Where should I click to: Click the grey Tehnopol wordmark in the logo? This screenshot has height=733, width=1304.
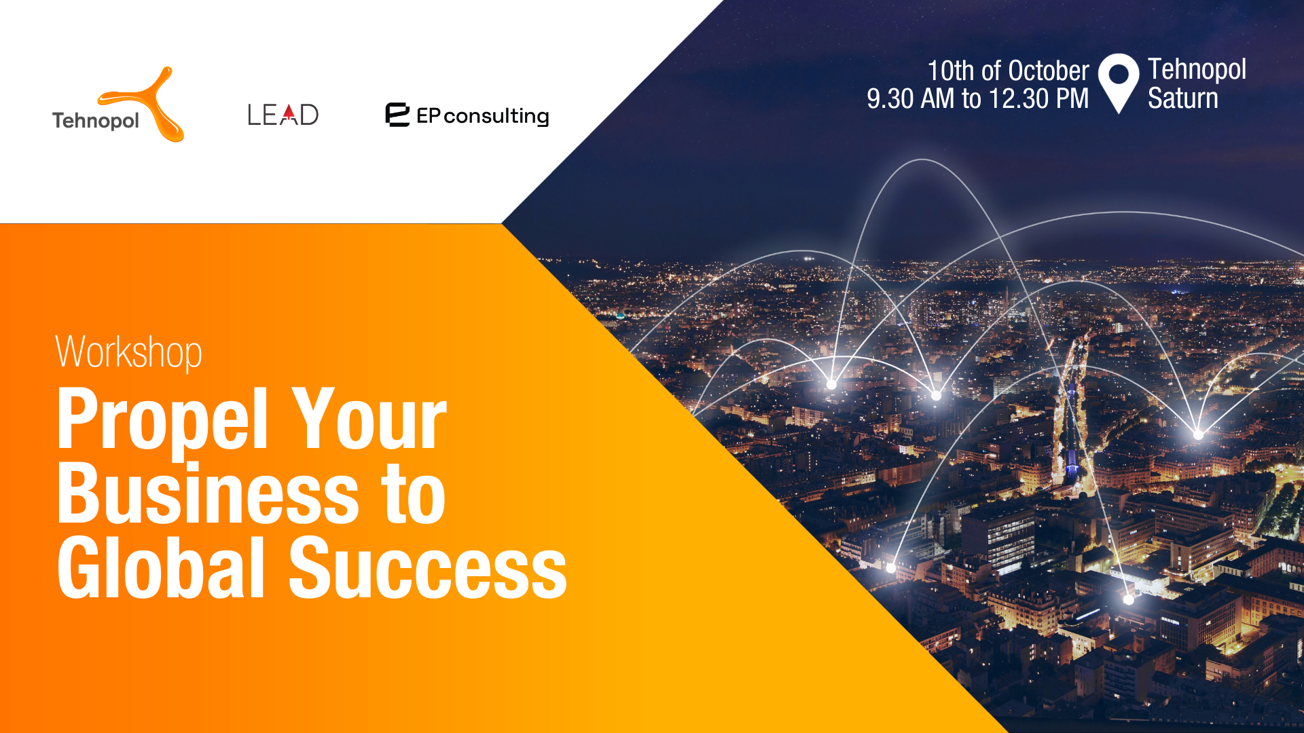pyautogui.click(x=96, y=121)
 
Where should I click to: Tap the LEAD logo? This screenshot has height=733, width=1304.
pyautogui.click(x=283, y=115)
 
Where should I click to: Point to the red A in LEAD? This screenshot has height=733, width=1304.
pyautogui.click(x=289, y=115)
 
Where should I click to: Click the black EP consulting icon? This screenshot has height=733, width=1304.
pyautogui.click(x=397, y=115)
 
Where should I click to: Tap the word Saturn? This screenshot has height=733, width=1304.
pyautogui.click(x=1183, y=98)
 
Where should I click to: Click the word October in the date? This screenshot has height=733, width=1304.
pyautogui.click(x=1049, y=71)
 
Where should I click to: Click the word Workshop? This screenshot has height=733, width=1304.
pyautogui.click(x=129, y=352)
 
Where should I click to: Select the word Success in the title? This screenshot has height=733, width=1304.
pyautogui.click(x=428, y=568)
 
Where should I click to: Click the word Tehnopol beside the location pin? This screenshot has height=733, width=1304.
pyautogui.click(x=1197, y=69)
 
